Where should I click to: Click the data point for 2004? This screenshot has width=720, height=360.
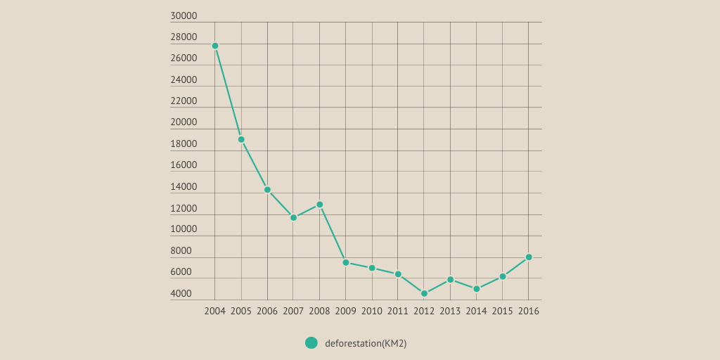[215, 46]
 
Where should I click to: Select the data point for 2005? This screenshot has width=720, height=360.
[241, 139]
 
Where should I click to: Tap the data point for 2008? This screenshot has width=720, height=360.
[319, 205]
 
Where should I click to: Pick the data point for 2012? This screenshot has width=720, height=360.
[424, 294]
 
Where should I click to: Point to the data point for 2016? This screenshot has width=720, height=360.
[529, 257]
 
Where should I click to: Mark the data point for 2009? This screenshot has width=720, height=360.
[346, 262]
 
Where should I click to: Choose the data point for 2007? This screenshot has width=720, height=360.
[293, 218]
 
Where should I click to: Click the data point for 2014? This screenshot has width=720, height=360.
[476, 289]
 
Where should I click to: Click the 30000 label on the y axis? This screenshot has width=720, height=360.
[184, 16]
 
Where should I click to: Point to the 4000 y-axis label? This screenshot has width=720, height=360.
[181, 294]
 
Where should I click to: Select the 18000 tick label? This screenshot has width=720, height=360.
[184, 144]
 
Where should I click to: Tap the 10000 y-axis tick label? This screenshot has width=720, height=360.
[184, 229]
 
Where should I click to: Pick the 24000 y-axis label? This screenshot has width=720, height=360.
[184, 80]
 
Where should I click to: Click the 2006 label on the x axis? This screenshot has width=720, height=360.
[267, 311]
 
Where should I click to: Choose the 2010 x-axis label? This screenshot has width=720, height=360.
[372, 311]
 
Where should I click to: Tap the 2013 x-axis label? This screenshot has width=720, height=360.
[450, 311]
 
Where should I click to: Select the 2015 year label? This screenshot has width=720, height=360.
[502, 311]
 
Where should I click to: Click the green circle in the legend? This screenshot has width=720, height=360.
[311, 343]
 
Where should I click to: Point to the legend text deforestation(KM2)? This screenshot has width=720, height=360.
[366, 343]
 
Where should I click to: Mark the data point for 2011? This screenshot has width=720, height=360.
[398, 274]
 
